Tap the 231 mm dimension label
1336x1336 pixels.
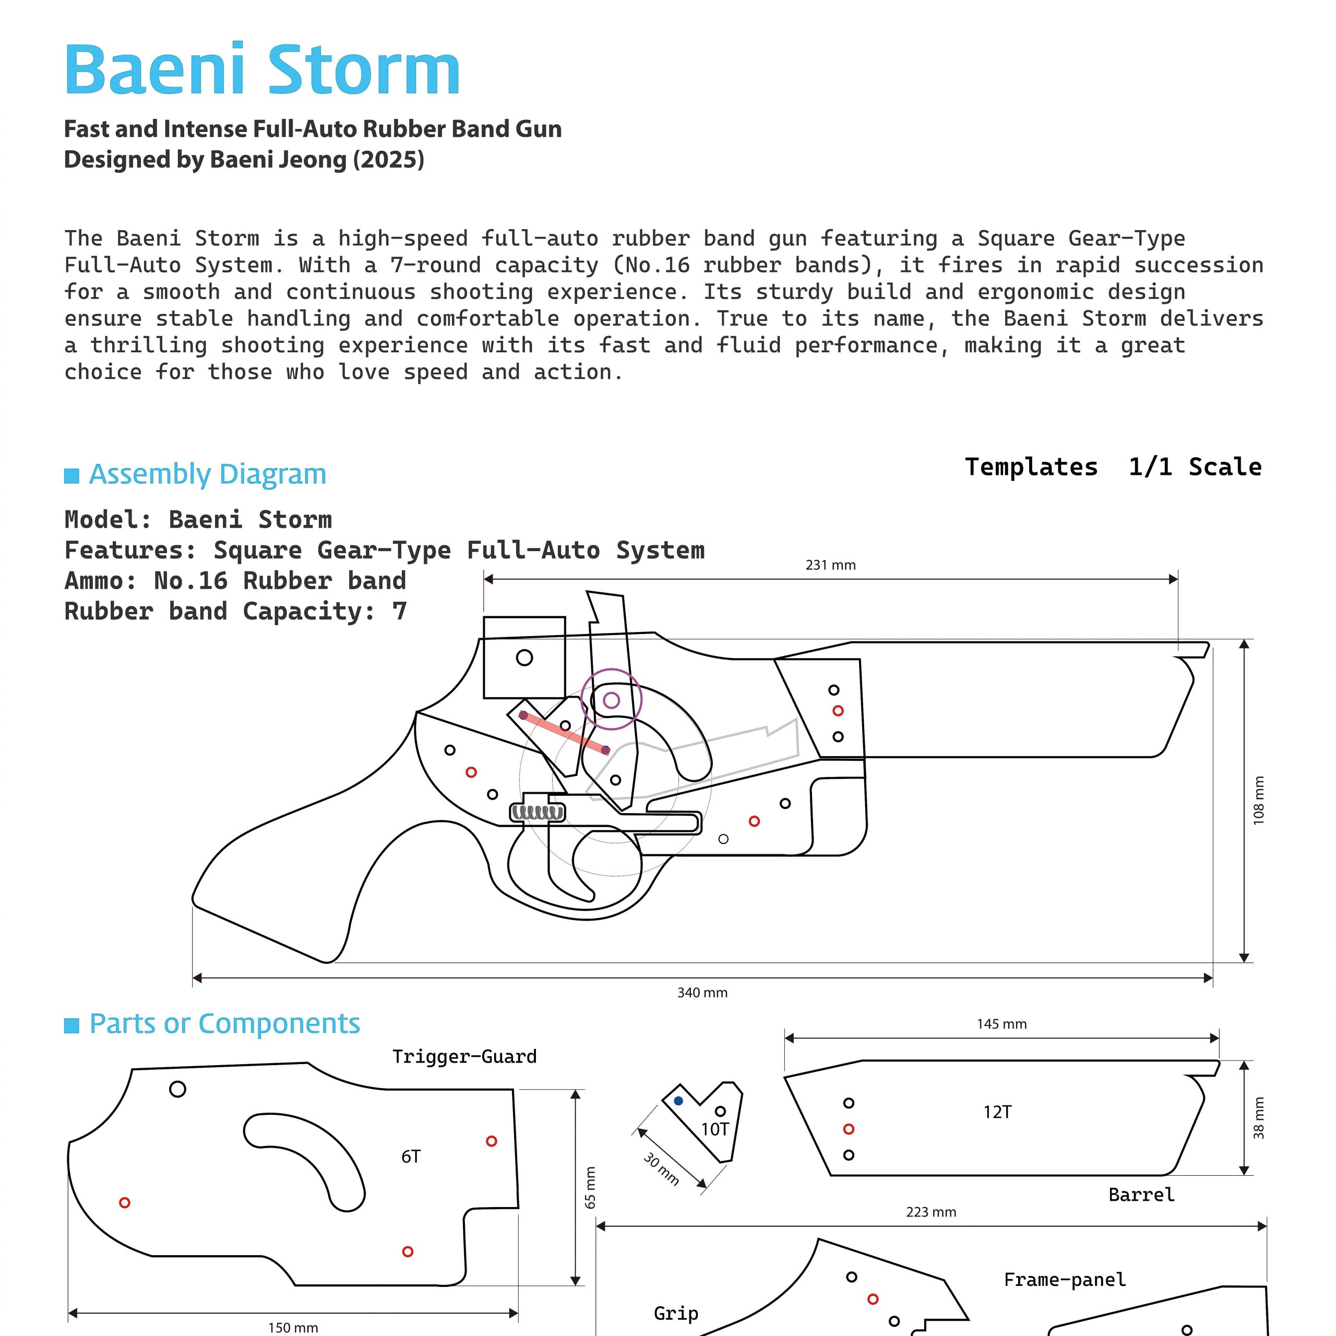pos(830,565)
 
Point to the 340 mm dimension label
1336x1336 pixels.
pos(702,992)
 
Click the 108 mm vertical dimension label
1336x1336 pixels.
pos(1259,800)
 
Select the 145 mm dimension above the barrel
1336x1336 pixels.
pos(1001,1023)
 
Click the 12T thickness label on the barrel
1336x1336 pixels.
pos(997,1112)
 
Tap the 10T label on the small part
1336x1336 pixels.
pos(714,1129)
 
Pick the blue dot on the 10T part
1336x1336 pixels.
pos(678,1101)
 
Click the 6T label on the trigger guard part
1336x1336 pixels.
pos(411,1156)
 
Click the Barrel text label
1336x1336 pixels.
pos(1141,1194)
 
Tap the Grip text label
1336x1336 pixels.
pos(676,1313)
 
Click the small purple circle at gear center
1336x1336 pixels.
pos(611,700)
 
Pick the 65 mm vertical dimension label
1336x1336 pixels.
pos(590,1187)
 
